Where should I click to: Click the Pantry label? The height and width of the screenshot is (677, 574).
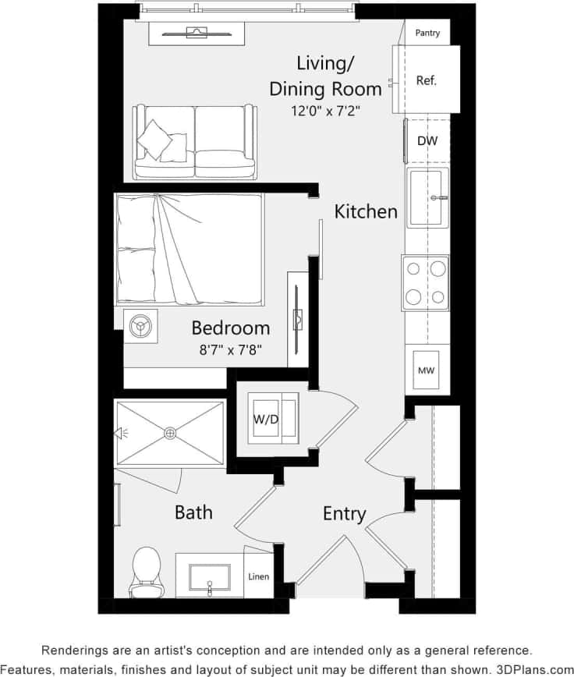tap(427, 33)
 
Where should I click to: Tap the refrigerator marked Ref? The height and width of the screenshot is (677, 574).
tap(427, 80)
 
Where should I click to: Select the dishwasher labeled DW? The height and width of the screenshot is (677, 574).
tap(427, 141)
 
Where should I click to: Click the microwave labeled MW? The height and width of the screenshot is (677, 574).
tap(426, 370)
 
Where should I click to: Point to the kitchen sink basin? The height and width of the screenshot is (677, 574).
tap(427, 197)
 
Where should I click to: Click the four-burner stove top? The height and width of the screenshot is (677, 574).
tap(426, 282)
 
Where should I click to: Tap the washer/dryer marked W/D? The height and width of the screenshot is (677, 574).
tap(266, 419)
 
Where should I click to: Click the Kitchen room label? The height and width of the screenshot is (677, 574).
tap(366, 211)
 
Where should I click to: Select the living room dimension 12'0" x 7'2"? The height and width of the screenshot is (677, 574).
tap(326, 111)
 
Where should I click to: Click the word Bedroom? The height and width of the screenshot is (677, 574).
tap(231, 328)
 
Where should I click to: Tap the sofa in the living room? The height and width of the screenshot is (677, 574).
tap(195, 142)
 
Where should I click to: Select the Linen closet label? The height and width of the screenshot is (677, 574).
tap(259, 577)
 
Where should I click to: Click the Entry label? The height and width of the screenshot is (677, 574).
tap(344, 514)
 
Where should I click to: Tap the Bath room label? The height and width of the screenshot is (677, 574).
tap(193, 512)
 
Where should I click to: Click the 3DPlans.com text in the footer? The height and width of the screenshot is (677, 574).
tap(529, 668)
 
